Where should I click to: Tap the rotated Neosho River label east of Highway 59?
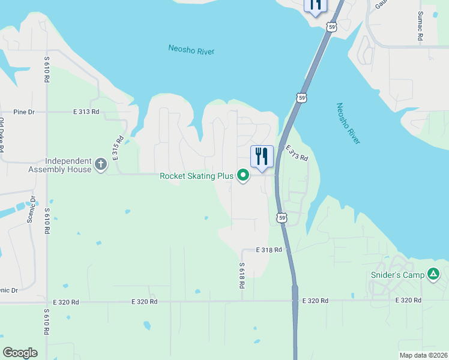point(348,123)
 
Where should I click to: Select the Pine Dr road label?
point(25,112)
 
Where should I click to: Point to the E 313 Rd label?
point(86,112)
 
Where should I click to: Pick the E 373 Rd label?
point(297,153)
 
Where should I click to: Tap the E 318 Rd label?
point(268,250)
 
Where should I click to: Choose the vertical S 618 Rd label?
point(242,276)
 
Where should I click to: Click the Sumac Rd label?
point(420,26)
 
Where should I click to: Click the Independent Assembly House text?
point(59,166)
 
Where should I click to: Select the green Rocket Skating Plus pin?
point(243,176)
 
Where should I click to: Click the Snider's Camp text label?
point(396,275)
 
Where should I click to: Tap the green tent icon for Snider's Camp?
point(433,275)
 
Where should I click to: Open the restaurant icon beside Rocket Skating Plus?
point(262,157)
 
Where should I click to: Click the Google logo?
point(20,353)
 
